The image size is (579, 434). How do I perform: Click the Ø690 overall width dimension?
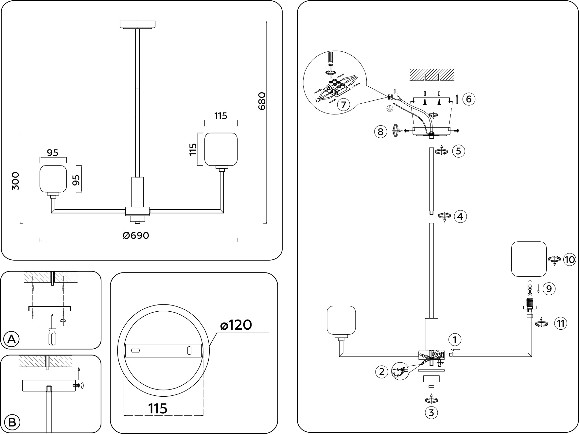click(x=136, y=235)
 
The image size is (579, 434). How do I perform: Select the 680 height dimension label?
click(x=262, y=101)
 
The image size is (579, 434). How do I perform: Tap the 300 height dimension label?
click(x=15, y=181)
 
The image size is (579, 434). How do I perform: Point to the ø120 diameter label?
click(x=236, y=325)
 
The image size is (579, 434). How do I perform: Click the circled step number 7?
click(x=343, y=105)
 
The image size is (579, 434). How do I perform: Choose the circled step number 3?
click(x=431, y=413)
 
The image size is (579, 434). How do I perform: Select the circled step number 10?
click(x=570, y=260)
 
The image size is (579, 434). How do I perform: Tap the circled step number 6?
click(x=469, y=99)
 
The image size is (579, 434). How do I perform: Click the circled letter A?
click(x=11, y=339)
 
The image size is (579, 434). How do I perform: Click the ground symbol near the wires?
click(x=389, y=109)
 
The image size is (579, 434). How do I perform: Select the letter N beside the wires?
click(x=390, y=97)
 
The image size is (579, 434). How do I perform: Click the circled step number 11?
click(x=561, y=323)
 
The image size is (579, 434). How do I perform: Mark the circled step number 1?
click(x=455, y=339)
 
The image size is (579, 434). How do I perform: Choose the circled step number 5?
click(x=458, y=151)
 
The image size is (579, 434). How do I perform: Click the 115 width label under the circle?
click(x=158, y=408)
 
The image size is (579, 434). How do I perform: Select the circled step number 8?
click(x=380, y=131)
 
